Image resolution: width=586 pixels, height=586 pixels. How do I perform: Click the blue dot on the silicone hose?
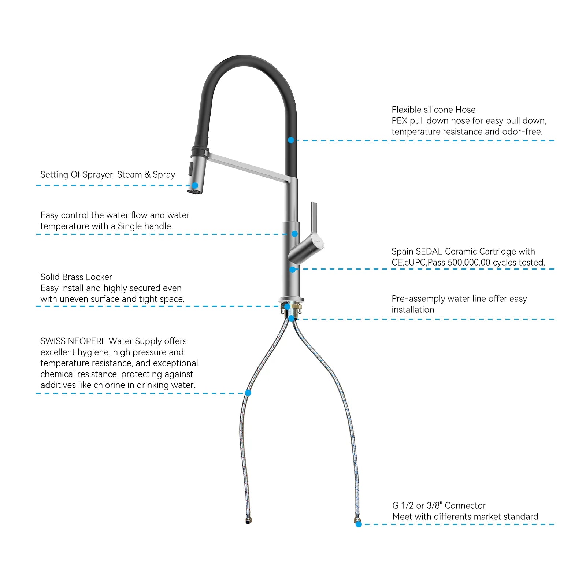click(291, 140)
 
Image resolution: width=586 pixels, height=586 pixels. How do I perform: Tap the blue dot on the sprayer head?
click(195, 186)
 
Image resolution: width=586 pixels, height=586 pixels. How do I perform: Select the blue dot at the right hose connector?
click(359, 524)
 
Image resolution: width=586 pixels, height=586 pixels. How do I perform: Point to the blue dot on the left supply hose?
click(248, 393)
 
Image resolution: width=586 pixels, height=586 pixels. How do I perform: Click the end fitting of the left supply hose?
click(249, 520)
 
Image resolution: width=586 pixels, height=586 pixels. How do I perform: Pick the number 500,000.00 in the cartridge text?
click(469, 263)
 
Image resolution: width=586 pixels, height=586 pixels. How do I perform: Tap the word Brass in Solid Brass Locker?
click(78, 277)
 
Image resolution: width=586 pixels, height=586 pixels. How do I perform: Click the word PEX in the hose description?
click(399, 121)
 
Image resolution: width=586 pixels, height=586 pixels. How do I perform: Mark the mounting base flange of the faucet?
click(291, 299)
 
